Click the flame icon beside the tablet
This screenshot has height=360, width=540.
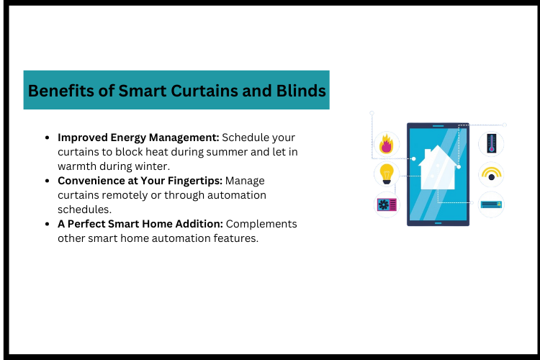click(387, 143)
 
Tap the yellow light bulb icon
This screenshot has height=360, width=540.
click(387, 174)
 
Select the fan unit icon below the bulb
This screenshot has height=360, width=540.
click(387, 204)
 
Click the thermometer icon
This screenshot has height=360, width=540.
click(492, 143)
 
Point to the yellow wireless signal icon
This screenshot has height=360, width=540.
click(492, 174)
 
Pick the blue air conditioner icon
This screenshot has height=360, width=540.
click(492, 204)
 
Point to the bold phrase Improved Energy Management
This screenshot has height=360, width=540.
click(138, 137)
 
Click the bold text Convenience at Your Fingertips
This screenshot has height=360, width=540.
click(141, 181)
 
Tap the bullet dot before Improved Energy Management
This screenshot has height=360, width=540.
click(48, 138)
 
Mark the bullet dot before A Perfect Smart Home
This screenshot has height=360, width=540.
click(48, 225)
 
